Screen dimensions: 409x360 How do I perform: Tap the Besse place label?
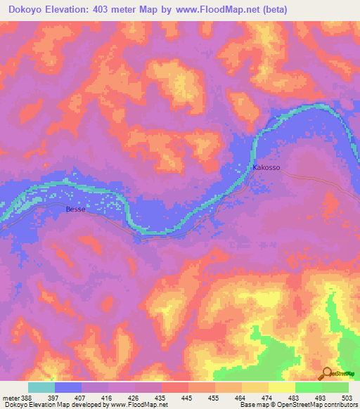pos(76,209)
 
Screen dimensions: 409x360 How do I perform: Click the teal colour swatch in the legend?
pos(41,387)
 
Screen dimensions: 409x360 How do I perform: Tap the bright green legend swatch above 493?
pos(307,387)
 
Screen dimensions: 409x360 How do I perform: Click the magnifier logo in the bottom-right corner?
pos(328,374)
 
